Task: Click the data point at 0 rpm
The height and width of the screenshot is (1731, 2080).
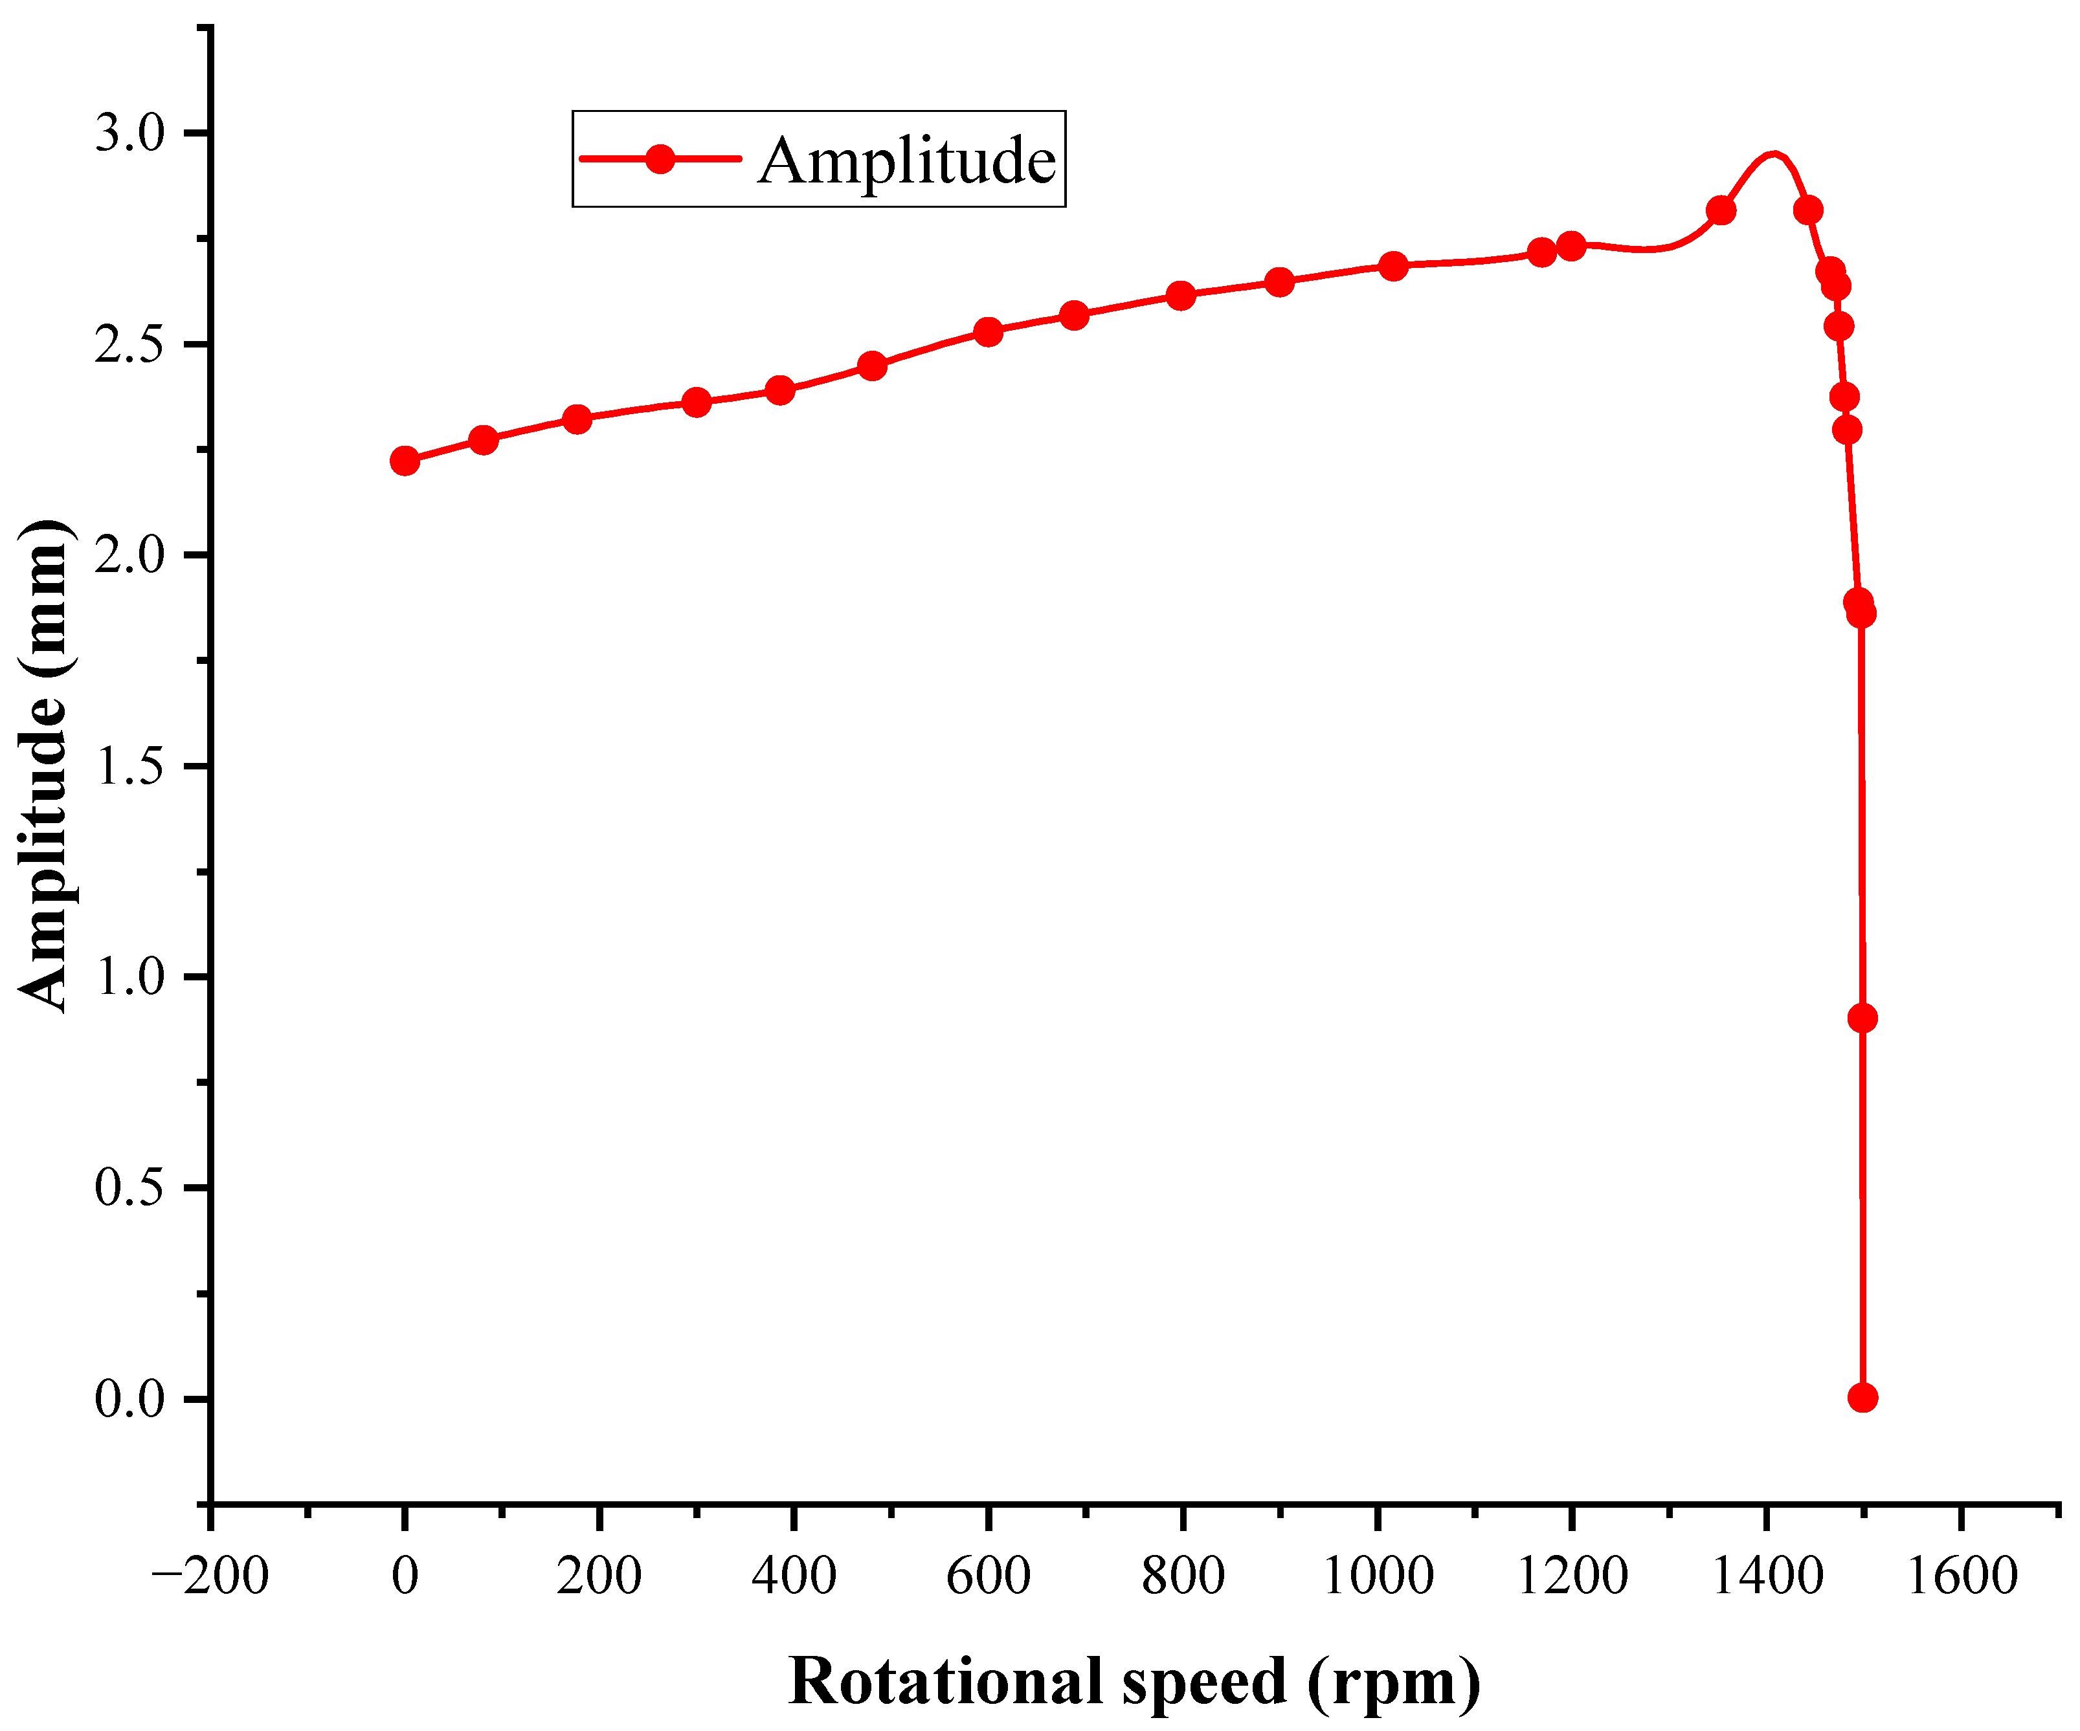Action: coord(404,461)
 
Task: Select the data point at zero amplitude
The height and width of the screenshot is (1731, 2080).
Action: coord(1862,1397)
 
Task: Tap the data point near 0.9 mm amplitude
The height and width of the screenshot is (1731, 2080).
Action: coord(1862,1018)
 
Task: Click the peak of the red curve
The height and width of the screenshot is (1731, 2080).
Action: coord(1773,155)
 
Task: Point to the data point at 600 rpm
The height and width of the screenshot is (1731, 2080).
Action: coord(987,332)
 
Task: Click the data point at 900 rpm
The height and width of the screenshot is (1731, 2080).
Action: coord(1280,282)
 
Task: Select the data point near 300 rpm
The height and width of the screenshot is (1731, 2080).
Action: coord(697,402)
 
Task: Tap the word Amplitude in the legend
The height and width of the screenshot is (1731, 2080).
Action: coord(906,160)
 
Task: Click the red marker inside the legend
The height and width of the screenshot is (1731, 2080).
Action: coord(660,159)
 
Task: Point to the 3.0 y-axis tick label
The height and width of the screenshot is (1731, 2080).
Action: coord(129,133)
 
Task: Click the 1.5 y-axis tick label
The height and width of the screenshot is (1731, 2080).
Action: coord(129,766)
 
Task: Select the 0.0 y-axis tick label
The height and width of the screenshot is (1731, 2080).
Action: coord(129,1399)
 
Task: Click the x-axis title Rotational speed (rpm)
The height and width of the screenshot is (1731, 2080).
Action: coord(1134,1681)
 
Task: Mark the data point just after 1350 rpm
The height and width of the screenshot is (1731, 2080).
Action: coord(1721,210)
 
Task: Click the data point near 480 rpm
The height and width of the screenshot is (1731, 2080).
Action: coord(871,366)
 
